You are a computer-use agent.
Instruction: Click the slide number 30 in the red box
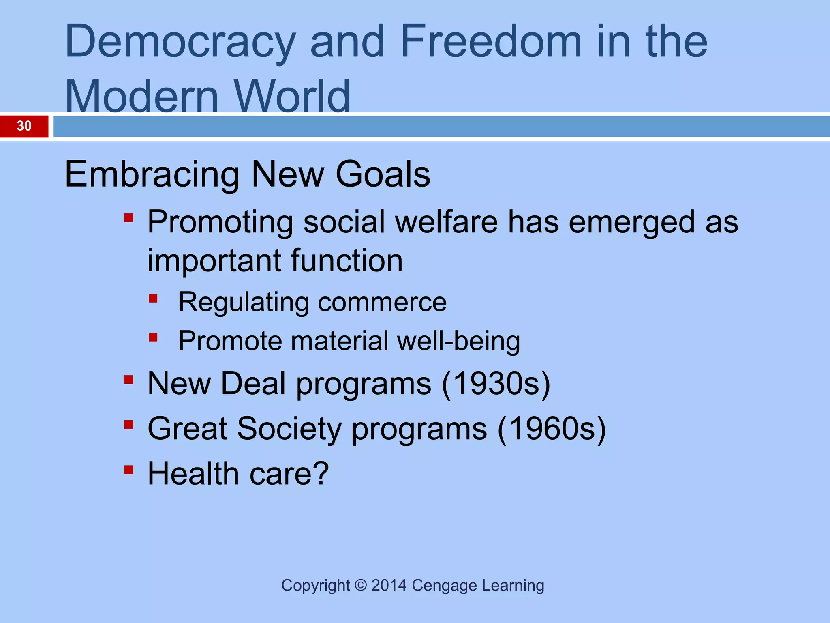tap(24, 126)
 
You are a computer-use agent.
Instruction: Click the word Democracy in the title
tap(180, 42)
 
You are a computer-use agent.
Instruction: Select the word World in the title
tap(292, 97)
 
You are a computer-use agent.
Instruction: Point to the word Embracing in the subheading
tap(152, 175)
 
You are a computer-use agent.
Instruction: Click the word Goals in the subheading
tap(383, 174)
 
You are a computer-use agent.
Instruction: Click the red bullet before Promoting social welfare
tap(129, 218)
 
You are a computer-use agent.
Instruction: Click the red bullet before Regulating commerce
tap(153, 299)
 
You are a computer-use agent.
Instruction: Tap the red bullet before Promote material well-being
tap(153, 337)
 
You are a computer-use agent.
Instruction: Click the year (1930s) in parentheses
tap(496, 384)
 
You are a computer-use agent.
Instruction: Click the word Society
tap(289, 429)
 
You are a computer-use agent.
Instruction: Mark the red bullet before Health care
tap(129, 470)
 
